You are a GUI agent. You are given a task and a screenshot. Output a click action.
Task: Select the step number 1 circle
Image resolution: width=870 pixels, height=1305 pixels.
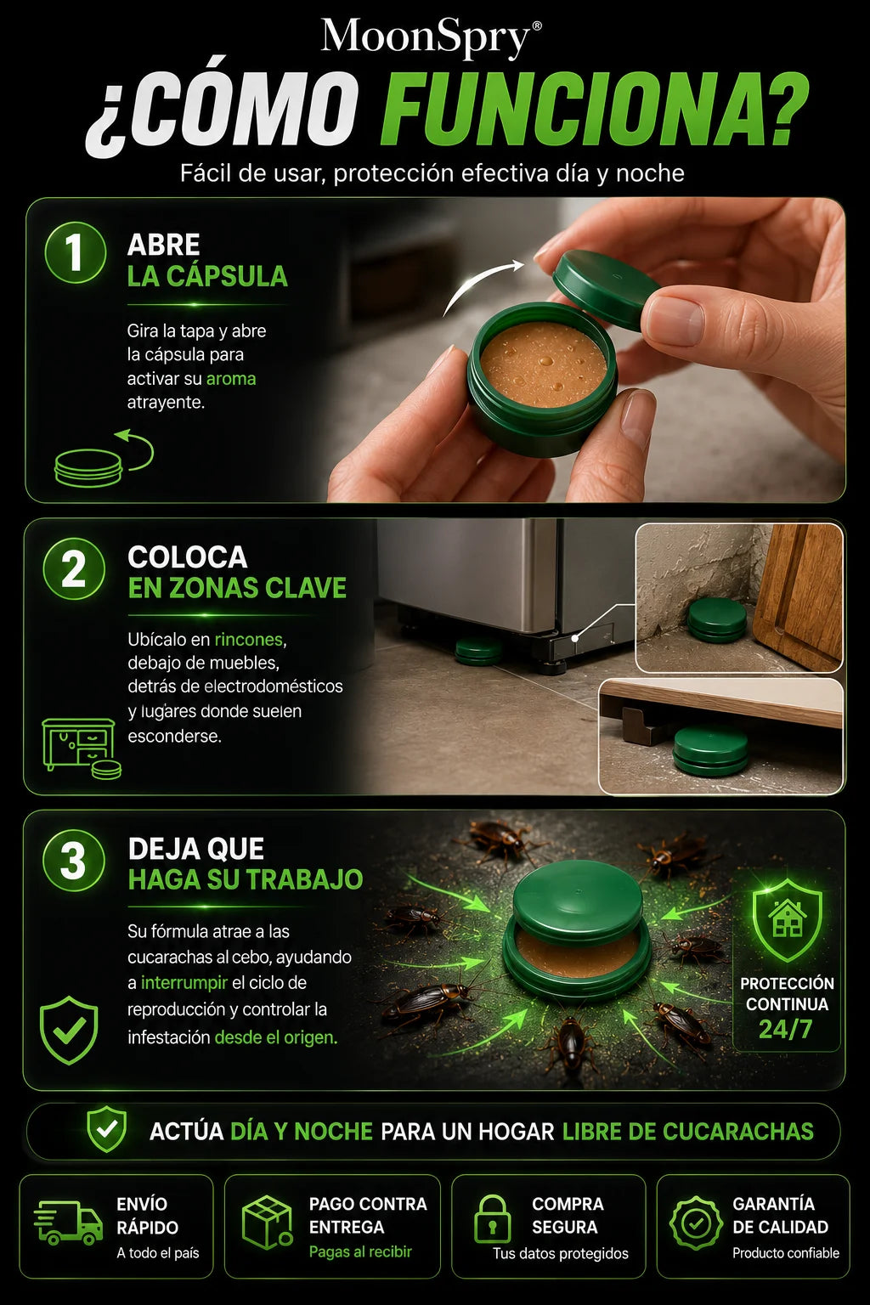tap(75, 252)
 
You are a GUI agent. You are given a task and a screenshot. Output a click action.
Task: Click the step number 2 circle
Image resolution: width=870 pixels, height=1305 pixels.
tap(74, 569)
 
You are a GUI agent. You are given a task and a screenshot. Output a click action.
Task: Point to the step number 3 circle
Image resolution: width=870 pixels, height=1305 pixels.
tap(74, 860)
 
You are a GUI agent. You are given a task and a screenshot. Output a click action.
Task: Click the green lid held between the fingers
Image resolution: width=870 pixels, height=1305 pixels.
tap(606, 289)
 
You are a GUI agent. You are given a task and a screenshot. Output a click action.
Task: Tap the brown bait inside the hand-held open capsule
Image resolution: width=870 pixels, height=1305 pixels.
tap(544, 364)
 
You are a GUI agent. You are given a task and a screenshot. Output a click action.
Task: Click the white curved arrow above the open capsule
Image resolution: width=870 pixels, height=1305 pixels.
tap(483, 286)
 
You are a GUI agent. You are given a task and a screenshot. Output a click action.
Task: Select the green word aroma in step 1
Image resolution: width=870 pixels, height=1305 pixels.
tap(231, 379)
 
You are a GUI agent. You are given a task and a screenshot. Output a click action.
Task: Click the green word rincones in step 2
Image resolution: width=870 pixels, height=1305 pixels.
tap(249, 639)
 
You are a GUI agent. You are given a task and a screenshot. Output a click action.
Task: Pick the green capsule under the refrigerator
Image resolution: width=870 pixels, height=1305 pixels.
tap(477, 652)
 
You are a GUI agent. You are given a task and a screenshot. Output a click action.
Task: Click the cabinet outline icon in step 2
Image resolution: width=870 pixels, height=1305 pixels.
tap(79, 744)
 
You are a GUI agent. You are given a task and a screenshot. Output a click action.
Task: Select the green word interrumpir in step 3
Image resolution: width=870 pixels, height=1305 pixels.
tap(184, 983)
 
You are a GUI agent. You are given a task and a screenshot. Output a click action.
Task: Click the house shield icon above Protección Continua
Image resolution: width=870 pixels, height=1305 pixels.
tap(787, 920)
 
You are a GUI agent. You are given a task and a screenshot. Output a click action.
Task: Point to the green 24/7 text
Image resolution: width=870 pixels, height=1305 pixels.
tap(785, 1030)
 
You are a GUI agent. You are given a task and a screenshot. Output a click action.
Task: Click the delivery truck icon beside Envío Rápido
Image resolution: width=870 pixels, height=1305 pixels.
tap(68, 1222)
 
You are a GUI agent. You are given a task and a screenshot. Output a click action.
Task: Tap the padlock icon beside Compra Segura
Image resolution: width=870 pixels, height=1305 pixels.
tap(493, 1219)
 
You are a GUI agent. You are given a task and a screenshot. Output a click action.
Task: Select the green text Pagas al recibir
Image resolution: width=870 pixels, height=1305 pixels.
tap(360, 1252)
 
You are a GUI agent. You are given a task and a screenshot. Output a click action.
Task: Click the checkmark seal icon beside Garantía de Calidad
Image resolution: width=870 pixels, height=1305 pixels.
tap(696, 1223)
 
